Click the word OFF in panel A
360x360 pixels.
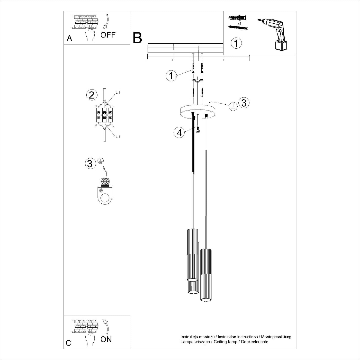(x=108, y=35)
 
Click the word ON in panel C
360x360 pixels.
(x=106, y=339)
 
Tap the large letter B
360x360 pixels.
(x=138, y=38)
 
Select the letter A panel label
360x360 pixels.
(x=69, y=38)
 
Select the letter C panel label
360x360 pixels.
(x=69, y=343)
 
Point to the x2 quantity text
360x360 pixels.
(x=239, y=23)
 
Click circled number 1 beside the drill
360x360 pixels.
(x=236, y=43)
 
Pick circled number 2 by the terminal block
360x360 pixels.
(x=92, y=95)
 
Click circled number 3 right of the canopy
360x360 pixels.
(x=244, y=103)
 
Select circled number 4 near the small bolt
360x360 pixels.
(x=179, y=133)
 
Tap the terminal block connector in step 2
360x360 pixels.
(x=104, y=115)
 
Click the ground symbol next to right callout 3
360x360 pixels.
(x=233, y=106)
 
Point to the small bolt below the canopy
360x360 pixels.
(x=198, y=130)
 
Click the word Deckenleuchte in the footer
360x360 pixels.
(x=255, y=342)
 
